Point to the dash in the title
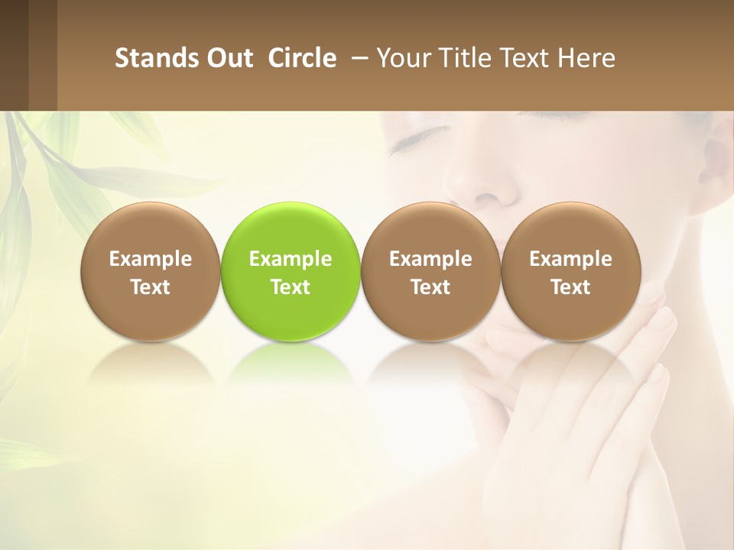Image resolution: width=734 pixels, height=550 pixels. tap(358, 59)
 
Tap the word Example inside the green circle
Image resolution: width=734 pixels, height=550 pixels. tap(291, 259)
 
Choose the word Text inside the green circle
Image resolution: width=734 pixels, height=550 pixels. tap(291, 287)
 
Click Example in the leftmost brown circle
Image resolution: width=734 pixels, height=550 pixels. tap(151, 259)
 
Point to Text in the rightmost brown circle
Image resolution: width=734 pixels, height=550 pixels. tap(570, 287)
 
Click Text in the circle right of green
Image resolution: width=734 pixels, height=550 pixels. tap(430, 287)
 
